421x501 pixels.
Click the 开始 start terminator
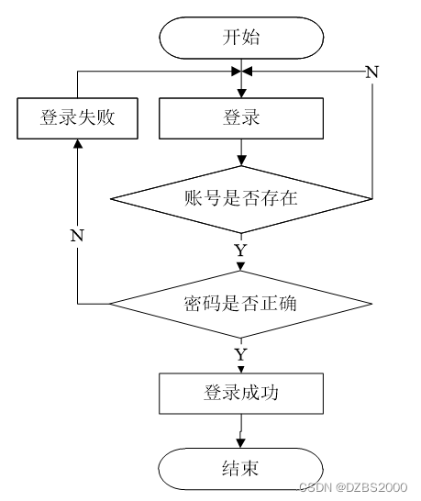(241, 38)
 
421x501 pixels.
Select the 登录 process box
(241, 118)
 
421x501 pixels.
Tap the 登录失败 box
(77, 118)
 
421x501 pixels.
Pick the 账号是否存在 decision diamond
(241, 199)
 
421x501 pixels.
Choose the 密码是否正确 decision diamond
(241, 304)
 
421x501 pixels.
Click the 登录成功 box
(241, 394)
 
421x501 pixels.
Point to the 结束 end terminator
(241, 469)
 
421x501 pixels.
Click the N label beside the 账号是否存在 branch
(372, 72)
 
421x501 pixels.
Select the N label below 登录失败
(77, 236)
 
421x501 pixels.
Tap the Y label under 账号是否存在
(241, 250)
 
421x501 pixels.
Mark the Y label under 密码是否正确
(241, 355)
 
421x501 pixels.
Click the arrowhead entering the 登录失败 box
(78, 144)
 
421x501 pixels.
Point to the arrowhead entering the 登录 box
(241, 93)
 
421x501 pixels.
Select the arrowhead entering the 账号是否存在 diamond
(241, 161)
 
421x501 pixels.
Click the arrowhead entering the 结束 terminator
(241, 443)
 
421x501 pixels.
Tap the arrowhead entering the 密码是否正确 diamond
(241, 266)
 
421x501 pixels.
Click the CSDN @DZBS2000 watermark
(353, 487)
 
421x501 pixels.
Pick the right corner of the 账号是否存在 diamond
(372, 199)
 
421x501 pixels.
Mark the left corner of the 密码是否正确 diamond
(110, 304)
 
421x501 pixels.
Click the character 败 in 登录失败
(105, 117)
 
